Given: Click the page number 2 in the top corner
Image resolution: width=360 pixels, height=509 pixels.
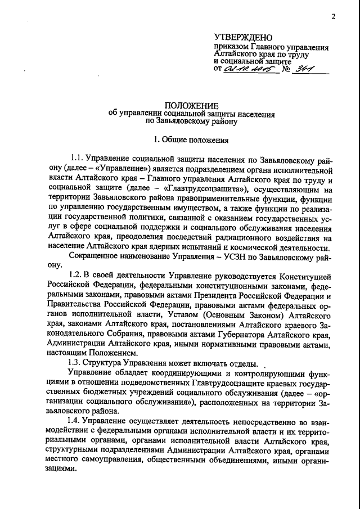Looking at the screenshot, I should tap(333, 16).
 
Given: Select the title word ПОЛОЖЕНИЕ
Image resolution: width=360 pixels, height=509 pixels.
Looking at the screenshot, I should tap(192, 105).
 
